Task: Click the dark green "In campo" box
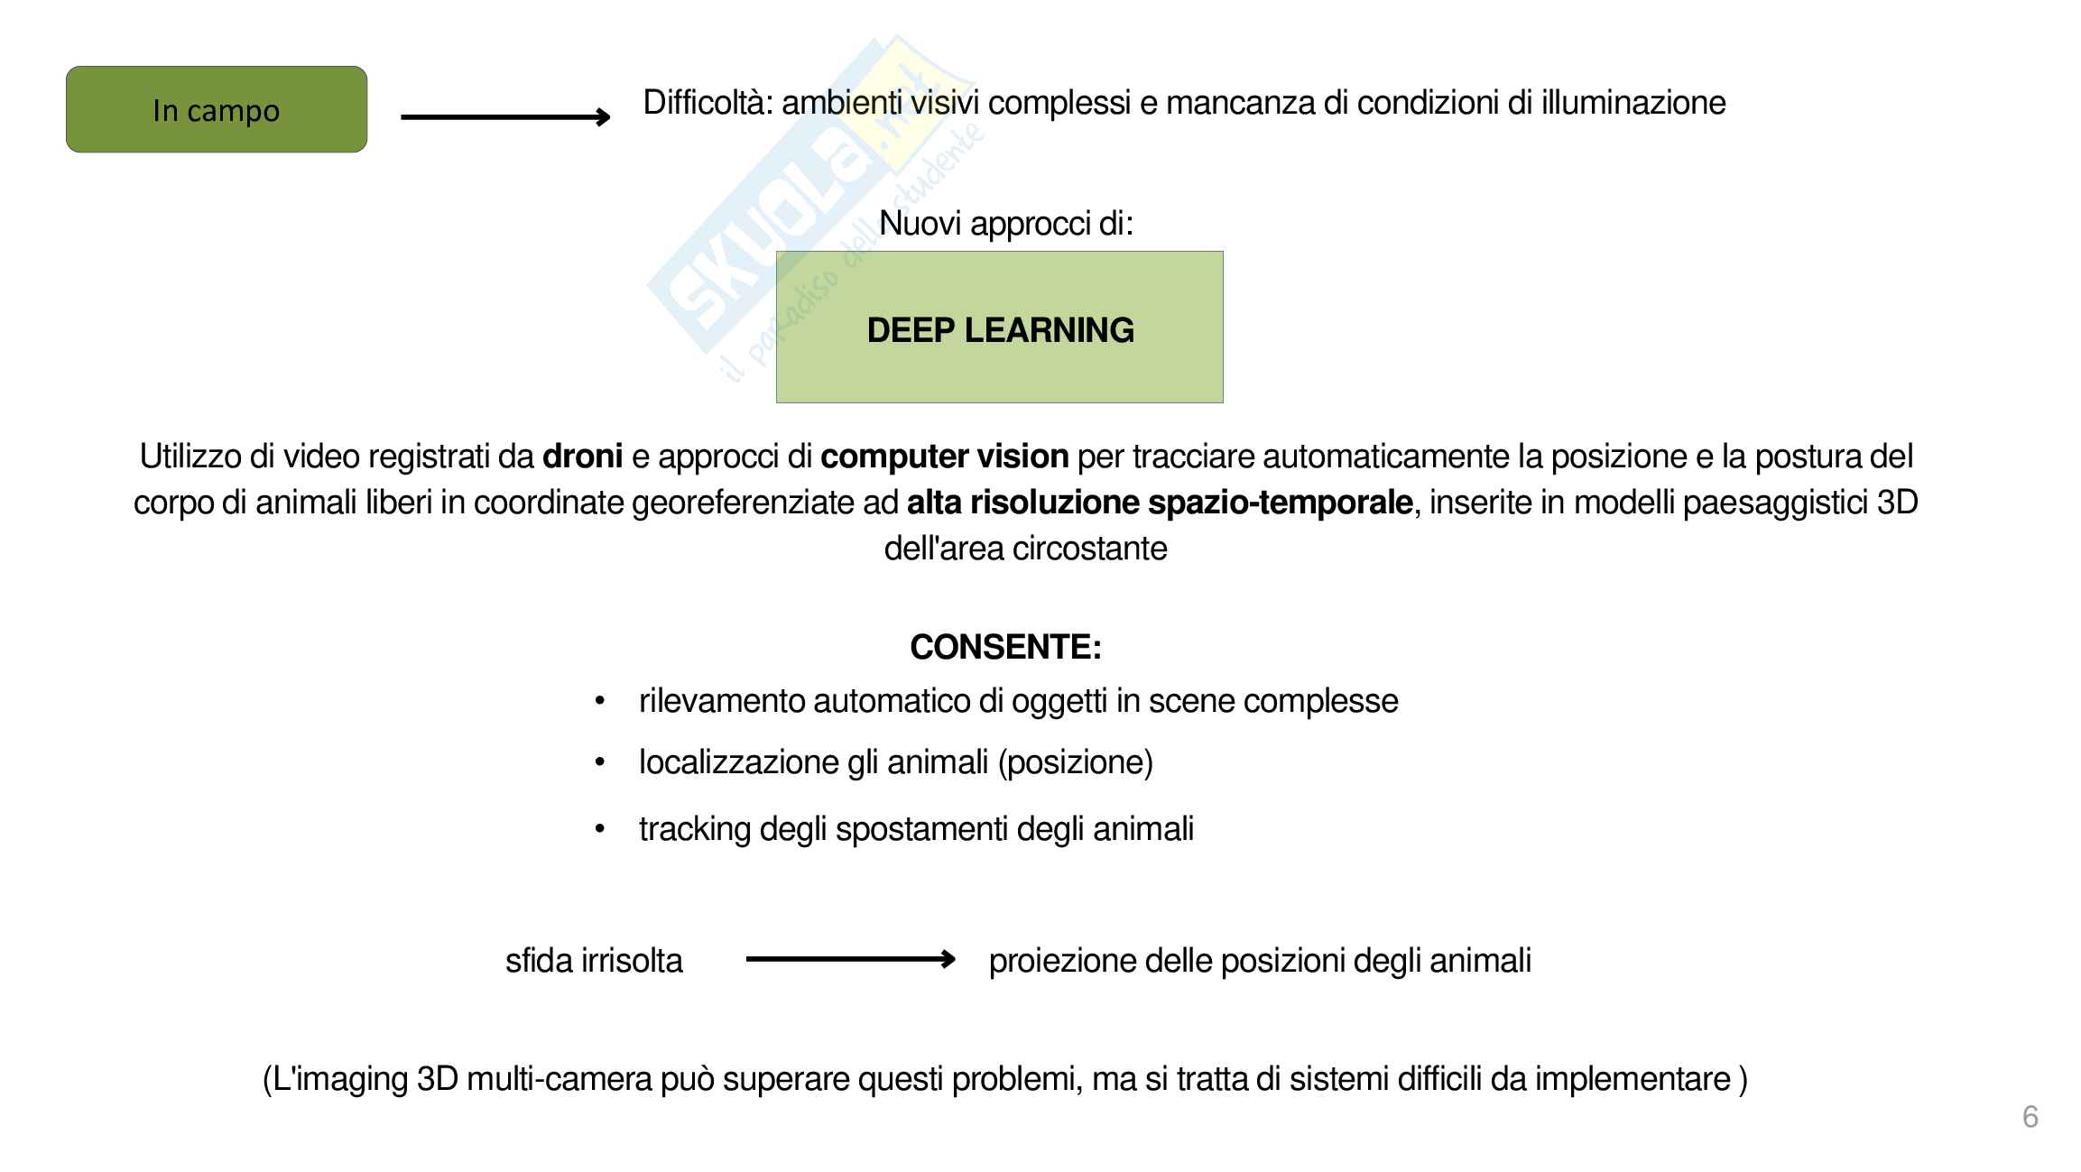click(217, 109)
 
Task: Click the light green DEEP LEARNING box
click(999, 327)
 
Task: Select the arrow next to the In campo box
click(505, 116)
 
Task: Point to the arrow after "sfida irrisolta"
click(850, 959)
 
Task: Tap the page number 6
click(2030, 1116)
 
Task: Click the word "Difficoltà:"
click(708, 103)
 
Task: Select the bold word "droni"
click(582, 457)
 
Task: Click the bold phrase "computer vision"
click(944, 457)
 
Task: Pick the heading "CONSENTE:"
click(1005, 647)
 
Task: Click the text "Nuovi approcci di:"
click(1005, 223)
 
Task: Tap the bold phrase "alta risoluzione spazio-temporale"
click(1160, 503)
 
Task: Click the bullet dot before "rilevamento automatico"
click(599, 702)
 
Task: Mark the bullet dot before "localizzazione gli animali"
click(599, 763)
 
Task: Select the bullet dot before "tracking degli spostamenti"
click(599, 830)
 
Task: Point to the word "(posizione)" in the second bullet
click(1075, 762)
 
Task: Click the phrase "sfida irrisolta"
click(594, 960)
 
